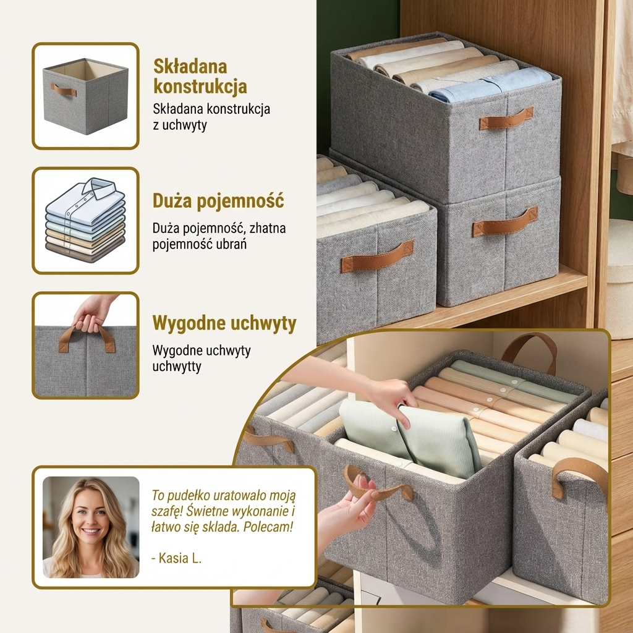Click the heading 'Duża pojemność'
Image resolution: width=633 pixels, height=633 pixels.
click(x=218, y=202)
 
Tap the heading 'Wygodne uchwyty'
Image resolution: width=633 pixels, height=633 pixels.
click(x=224, y=323)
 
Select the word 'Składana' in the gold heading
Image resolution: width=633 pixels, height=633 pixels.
click(x=190, y=67)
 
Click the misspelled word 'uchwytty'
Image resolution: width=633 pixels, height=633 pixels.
click(x=176, y=367)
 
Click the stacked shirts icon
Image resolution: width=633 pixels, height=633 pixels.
click(x=85, y=221)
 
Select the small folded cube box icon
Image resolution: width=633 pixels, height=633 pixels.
click(x=85, y=96)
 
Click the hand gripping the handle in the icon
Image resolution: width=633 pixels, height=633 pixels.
click(x=94, y=315)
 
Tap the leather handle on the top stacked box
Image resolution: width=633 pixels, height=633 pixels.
click(x=506, y=118)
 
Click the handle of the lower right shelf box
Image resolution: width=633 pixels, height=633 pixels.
click(x=505, y=221)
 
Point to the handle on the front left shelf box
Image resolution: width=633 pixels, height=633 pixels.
click(x=377, y=256)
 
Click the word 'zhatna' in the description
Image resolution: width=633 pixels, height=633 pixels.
click(x=268, y=229)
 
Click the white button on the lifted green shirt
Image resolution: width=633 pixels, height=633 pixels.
click(x=397, y=422)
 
